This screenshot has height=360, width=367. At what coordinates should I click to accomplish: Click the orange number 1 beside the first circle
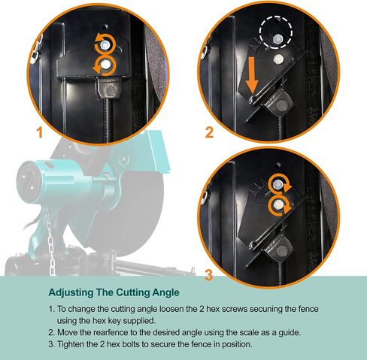tap(39, 132)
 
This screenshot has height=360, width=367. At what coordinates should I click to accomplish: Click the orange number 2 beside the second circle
tap(209, 132)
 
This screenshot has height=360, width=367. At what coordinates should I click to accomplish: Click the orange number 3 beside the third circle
tap(209, 275)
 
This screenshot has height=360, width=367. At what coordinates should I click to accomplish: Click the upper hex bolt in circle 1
tap(105, 46)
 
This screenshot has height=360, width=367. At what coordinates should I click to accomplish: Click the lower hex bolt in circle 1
tap(105, 65)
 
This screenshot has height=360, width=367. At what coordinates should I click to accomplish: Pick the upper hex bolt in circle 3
tap(278, 185)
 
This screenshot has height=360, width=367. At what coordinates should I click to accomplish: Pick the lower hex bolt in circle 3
tap(278, 205)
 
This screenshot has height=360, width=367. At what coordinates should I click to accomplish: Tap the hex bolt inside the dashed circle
tap(278, 39)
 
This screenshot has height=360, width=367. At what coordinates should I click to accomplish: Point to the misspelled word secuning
tap(265, 309)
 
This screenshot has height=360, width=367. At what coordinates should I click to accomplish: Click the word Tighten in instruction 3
tap(71, 344)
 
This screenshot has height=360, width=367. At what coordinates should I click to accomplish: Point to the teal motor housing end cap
tap(28, 181)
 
